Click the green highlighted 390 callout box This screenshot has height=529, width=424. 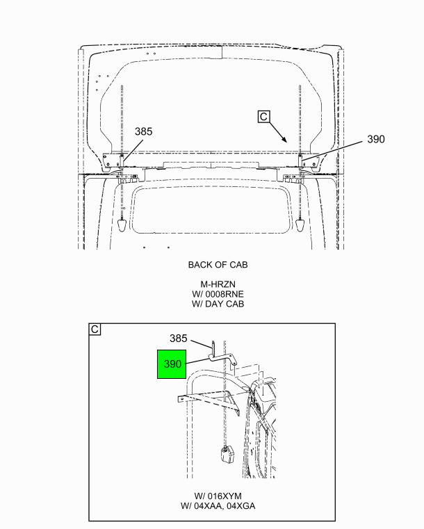point(172,364)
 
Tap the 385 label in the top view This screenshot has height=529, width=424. point(144,131)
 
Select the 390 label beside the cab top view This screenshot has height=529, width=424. point(376,139)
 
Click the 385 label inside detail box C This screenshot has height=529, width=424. point(178,338)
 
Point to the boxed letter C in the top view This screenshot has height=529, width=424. point(263,116)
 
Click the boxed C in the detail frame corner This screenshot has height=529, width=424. point(95,329)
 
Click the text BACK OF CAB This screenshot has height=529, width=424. point(218,265)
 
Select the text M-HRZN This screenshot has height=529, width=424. point(218,284)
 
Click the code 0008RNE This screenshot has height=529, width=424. point(225,294)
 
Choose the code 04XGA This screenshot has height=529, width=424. point(241,506)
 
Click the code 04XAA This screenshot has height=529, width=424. point(208,506)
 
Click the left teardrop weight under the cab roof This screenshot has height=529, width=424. point(122,225)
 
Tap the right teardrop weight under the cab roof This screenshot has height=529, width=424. point(300,225)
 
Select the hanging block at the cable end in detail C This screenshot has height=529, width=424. point(227,454)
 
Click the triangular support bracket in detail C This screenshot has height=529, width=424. point(233,402)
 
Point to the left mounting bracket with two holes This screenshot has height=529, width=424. point(112,161)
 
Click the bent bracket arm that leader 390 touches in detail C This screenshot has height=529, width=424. point(223,357)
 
